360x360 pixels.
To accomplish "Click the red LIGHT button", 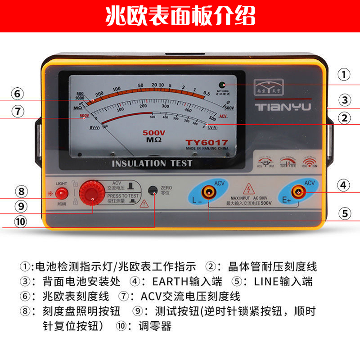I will coord(62,193).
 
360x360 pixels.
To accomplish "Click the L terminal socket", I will coord(209,193).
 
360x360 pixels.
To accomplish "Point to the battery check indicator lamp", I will coord(222,85).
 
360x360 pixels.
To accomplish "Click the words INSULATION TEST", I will coord(152,163).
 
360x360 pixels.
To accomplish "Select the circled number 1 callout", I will coord(344,75).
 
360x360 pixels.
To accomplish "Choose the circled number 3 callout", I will coord(344,100).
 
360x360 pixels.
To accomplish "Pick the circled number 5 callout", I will coord(344,213).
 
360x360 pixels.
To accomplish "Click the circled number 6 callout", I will coord(17,94).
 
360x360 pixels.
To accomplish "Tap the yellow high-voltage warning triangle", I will coord(247,189).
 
